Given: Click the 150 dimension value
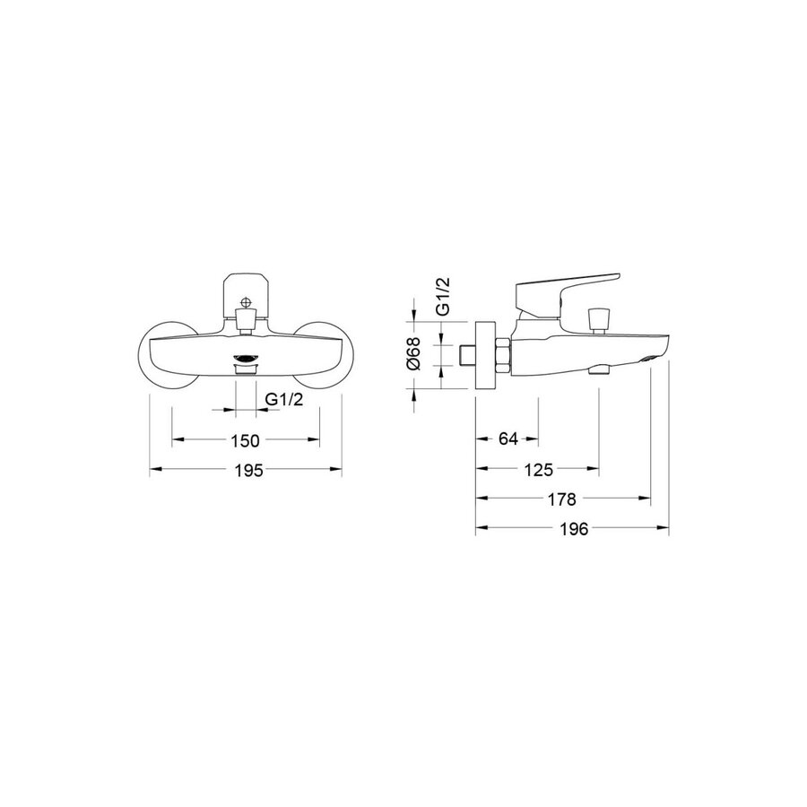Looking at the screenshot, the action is pyautogui.click(x=245, y=440).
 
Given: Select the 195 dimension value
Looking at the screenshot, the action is pyautogui.click(x=248, y=470).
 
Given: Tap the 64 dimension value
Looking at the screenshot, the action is pyautogui.click(x=508, y=439).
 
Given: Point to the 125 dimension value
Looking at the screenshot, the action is pyautogui.click(x=539, y=470).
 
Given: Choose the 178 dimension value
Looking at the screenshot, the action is pyautogui.click(x=561, y=499).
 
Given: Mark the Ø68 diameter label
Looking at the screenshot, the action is pyautogui.click(x=413, y=353).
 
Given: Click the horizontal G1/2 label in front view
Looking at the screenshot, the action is pyautogui.click(x=284, y=399).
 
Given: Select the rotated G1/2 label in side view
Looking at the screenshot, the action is pyautogui.click(x=443, y=296).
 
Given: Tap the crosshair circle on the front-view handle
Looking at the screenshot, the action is pyautogui.click(x=247, y=303).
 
